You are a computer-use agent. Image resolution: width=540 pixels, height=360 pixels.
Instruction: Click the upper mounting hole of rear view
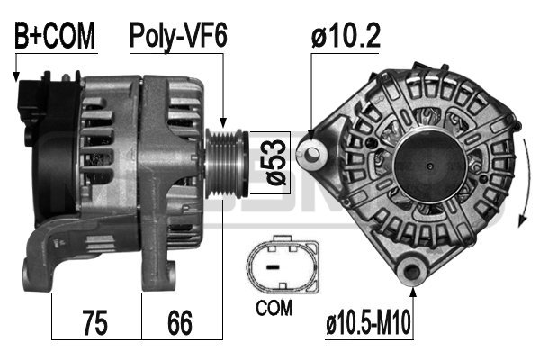[x=312, y=152]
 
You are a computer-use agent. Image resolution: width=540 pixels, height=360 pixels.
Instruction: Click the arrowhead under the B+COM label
[x=16, y=77]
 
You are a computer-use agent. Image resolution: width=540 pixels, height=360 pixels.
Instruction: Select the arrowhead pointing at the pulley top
[x=223, y=121]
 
